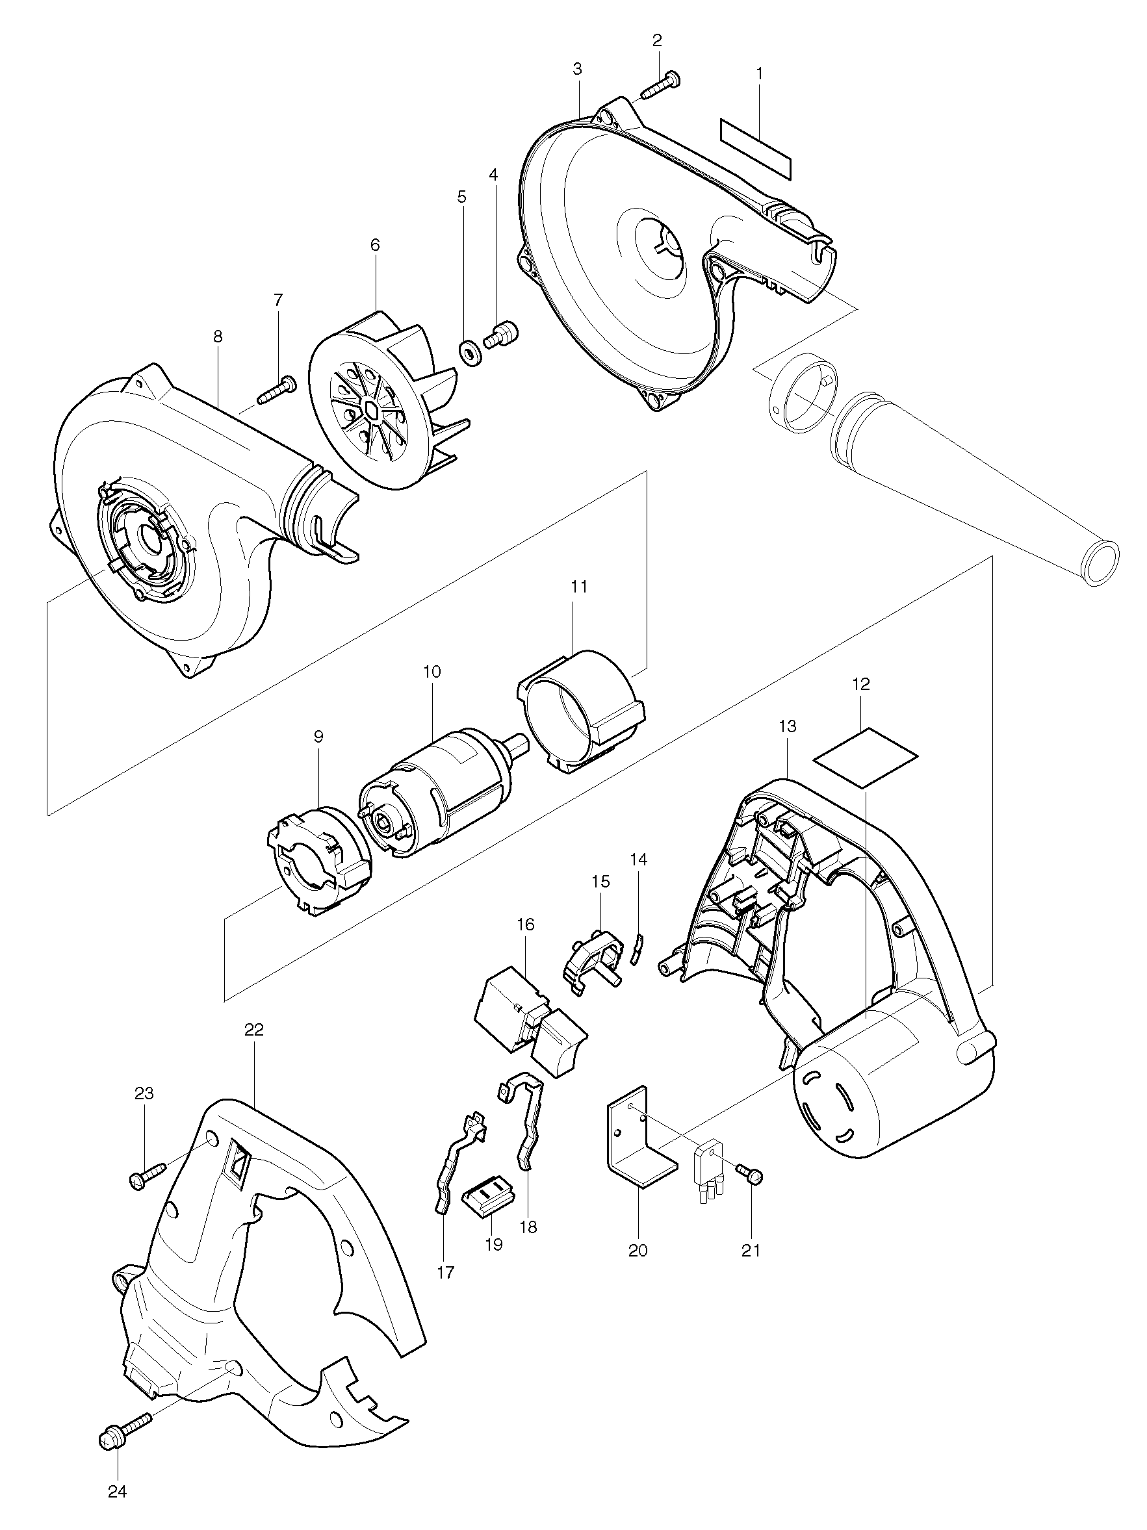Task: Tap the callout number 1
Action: pyautogui.click(x=759, y=73)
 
